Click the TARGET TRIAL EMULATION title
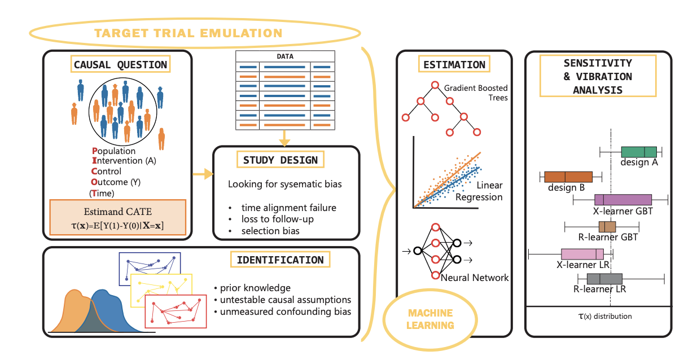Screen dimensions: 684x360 tap(188, 33)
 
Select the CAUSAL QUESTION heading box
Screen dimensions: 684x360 tap(120, 64)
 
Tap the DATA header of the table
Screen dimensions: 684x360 tap(285, 56)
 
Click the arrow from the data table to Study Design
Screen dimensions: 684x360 tap(284, 138)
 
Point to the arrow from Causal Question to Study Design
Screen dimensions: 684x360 tap(203, 174)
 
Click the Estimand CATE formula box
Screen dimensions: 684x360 tap(118, 217)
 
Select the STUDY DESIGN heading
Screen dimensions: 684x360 tap(280, 160)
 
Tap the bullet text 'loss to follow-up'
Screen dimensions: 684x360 tap(277, 219)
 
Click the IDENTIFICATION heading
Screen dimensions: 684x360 tap(280, 260)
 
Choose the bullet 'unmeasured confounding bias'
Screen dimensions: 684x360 tap(286, 312)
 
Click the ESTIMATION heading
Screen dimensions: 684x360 tap(454, 64)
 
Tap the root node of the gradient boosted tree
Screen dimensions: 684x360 tap(435, 85)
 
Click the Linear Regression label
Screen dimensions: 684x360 tap(479, 191)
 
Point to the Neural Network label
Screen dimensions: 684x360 tap(475, 278)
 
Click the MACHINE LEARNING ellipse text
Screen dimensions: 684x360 tap(430, 319)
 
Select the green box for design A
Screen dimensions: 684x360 tap(639, 152)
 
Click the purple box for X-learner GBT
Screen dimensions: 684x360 tap(623, 200)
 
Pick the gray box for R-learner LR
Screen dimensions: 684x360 tap(604, 279)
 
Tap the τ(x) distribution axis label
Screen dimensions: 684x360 tap(605, 317)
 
